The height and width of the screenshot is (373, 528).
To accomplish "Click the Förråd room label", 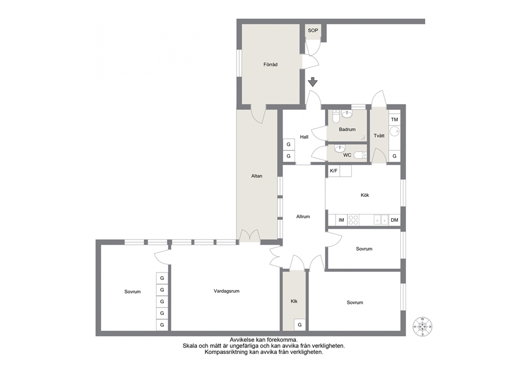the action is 270,64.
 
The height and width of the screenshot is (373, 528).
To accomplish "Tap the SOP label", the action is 313,31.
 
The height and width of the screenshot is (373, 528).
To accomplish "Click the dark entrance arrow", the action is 313,82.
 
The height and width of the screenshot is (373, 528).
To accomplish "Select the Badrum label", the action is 347,129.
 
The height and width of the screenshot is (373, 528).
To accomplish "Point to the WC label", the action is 347,155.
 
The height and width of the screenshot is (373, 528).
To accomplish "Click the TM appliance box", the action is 394,120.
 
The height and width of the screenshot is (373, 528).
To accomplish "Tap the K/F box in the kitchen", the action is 334,171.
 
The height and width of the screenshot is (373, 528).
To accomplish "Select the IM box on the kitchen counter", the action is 342,220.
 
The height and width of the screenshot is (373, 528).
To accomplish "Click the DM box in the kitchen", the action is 394,220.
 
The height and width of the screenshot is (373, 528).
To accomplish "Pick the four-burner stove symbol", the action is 353,220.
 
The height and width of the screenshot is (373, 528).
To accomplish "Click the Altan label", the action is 257,176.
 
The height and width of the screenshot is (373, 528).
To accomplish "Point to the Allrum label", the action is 303,217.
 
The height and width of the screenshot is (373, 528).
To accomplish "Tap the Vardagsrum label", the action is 227,291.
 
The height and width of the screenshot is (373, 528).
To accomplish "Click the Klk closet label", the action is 294,302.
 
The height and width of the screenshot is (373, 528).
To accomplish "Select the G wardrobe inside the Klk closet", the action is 300,325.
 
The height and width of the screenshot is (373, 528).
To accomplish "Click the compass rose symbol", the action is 423,326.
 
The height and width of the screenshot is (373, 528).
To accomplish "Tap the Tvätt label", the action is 379,136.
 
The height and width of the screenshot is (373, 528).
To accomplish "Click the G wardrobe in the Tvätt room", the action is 394,156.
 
